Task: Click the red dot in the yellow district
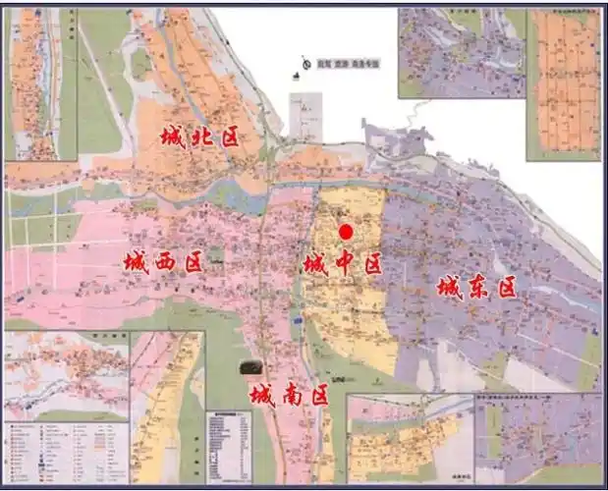[x=346, y=232]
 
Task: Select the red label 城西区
[x=163, y=262]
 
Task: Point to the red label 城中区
[x=342, y=263]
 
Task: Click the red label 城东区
[x=476, y=288]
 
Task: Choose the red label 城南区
[x=288, y=396]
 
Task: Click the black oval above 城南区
[x=251, y=367]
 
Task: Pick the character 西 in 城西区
[x=163, y=262]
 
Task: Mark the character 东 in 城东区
[x=476, y=288]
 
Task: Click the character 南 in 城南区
[x=288, y=396]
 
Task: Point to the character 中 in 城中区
[x=342, y=263]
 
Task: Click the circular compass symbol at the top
[x=307, y=64]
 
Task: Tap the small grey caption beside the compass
[x=339, y=64]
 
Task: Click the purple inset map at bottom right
[x=538, y=437]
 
